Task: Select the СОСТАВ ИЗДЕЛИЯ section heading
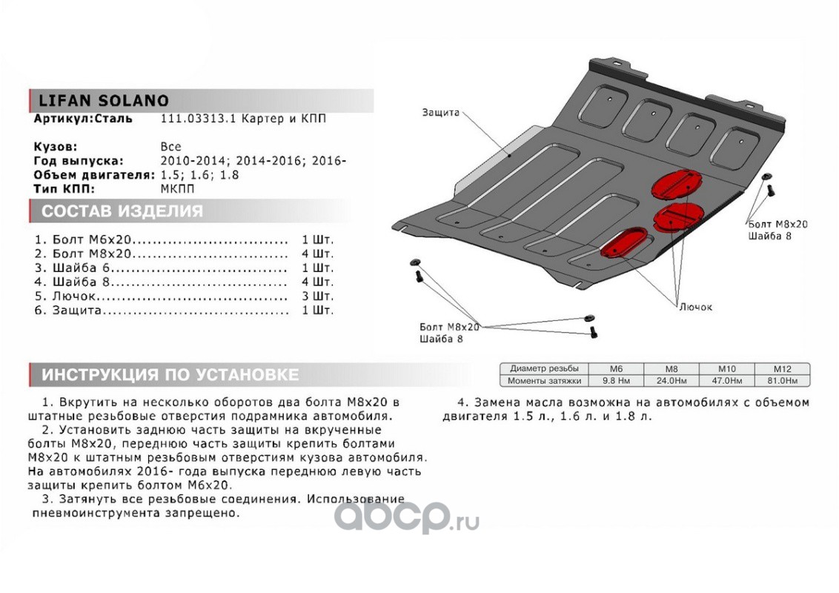coord(122,211)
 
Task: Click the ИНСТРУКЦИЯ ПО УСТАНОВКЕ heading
coord(170,374)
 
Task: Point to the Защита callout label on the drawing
coord(441,113)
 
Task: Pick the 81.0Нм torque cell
coord(782,381)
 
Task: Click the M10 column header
coord(726,368)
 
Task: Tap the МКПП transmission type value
coord(175,189)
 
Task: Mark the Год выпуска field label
coord(79,161)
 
